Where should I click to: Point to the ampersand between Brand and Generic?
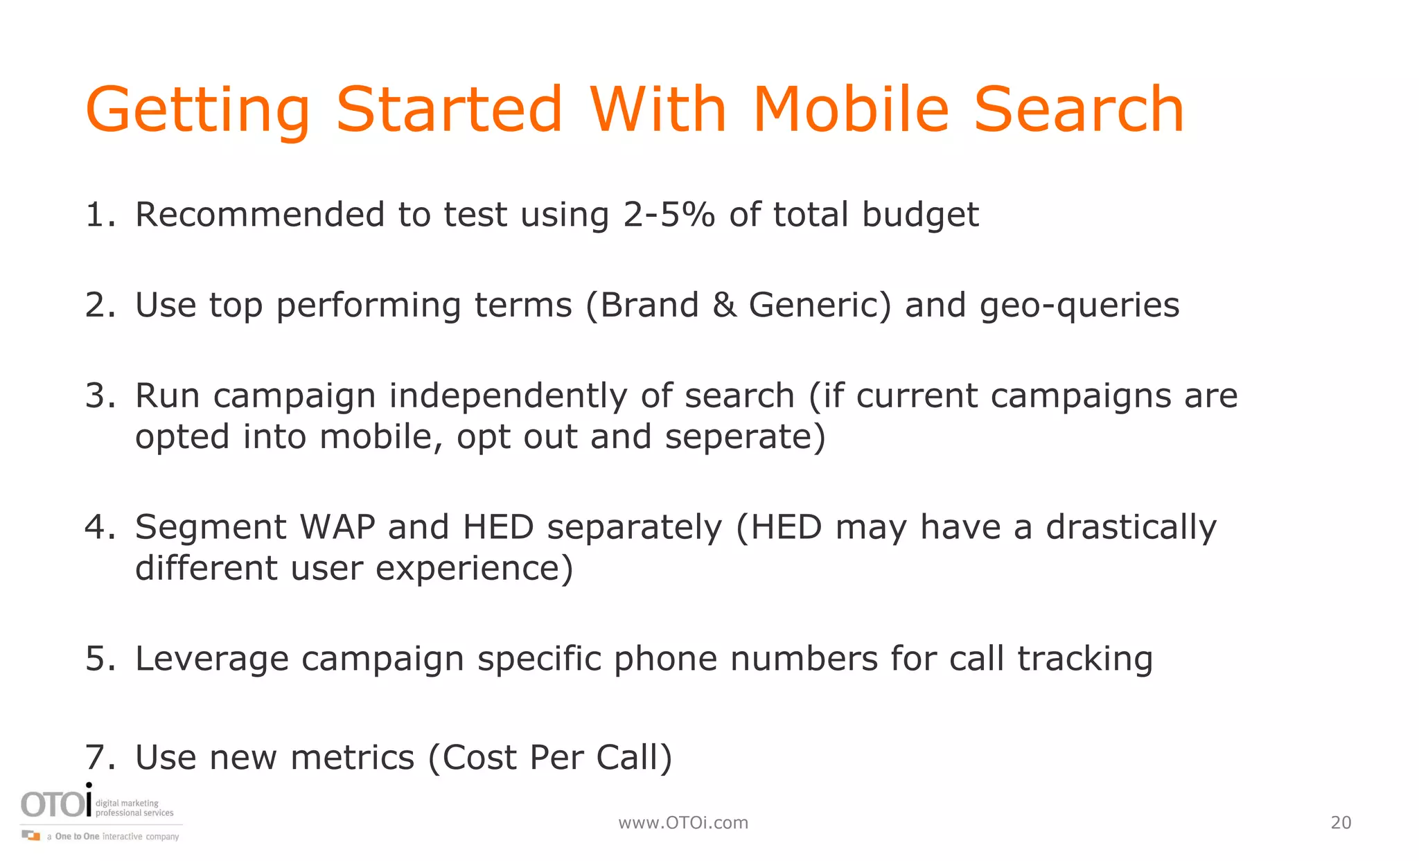[724, 305]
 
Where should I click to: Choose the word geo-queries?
[1079, 306]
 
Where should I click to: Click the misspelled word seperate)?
[746, 437]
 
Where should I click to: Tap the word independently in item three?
[508, 396]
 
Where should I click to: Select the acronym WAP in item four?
[337, 527]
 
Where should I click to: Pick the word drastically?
[1131, 528]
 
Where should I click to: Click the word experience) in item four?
[474, 569]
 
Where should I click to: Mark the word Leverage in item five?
[211, 659]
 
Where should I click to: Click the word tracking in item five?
[1085, 659]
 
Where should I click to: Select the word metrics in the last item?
[352, 757]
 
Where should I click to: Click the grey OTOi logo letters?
[55, 804]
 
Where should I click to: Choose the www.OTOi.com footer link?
[683, 823]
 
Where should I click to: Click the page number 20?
[1341, 823]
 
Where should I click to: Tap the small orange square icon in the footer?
[33, 836]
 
